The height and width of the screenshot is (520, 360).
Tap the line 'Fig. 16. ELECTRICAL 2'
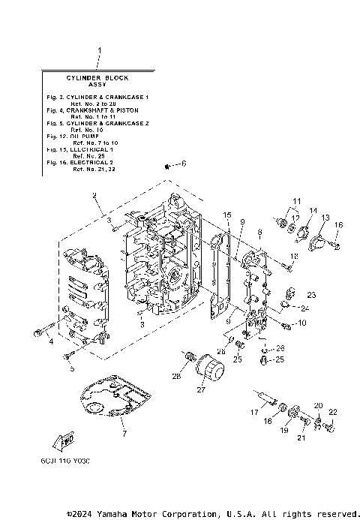(88, 162)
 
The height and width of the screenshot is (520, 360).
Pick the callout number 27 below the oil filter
(200, 389)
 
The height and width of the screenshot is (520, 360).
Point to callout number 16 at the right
(338, 225)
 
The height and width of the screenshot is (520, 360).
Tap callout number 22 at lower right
(332, 412)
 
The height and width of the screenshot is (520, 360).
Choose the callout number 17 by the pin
(253, 413)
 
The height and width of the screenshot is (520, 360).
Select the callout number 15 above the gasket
(226, 215)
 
